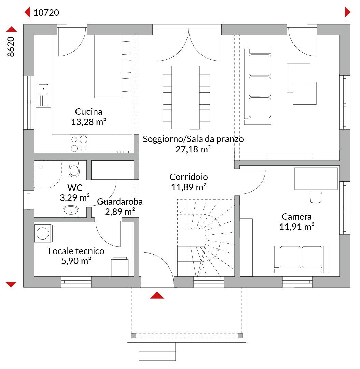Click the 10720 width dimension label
[46, 13]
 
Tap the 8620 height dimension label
[11, 46]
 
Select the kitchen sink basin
[43, 89]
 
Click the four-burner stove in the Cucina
[79, 144]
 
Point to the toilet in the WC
[74, 169]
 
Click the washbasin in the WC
[71, 211]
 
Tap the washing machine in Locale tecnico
[43, 233]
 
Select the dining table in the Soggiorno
[186, 98]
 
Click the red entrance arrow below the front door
[157, 295]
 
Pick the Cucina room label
[89, 111]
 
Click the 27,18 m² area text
[193, 149]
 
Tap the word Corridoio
[189, 177]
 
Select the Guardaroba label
[120, 202]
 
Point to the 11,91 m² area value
[297, 227]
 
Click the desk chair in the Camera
[316, 197]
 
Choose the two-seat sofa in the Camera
[301, 259]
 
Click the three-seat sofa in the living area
[258, 86]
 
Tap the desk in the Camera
[316, 179]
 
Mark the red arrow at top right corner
[347, 12]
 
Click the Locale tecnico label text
[76, 251]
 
